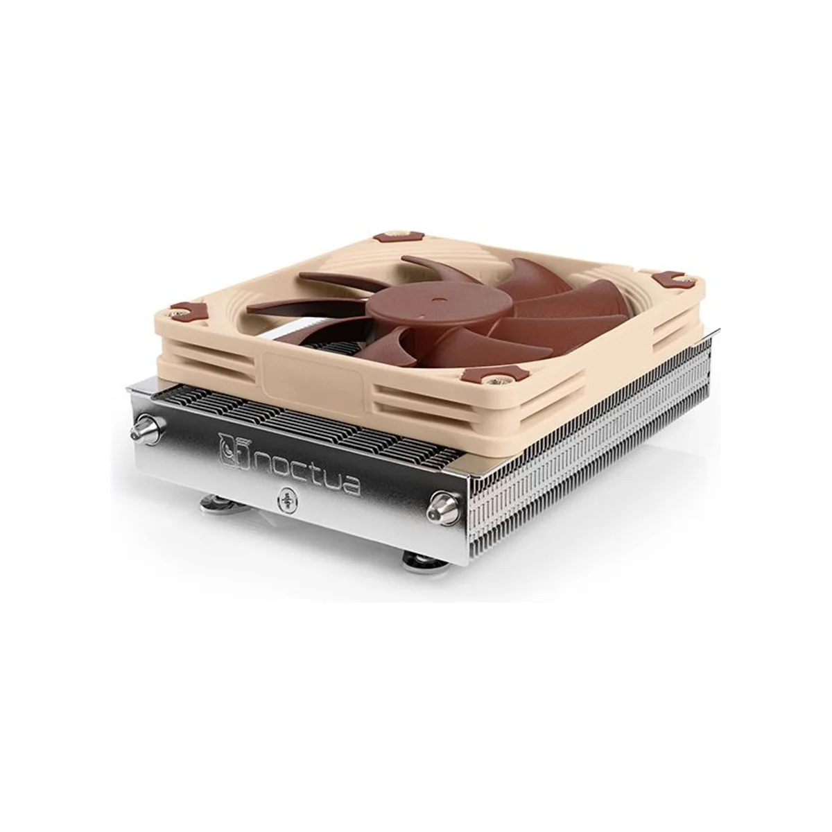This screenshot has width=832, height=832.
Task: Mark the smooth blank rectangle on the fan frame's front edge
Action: click(315, 381)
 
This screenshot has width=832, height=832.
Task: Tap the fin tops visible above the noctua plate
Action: click(277, 416)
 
